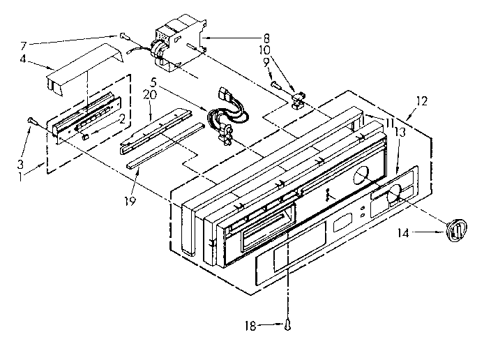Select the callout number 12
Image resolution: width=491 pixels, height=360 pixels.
pos(421,101)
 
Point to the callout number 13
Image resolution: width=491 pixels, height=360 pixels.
pos(400,131)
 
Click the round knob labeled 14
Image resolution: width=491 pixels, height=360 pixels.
pos(455,229)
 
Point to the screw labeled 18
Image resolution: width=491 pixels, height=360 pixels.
pos(287,323)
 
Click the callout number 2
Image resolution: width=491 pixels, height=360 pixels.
pos(121,119)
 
